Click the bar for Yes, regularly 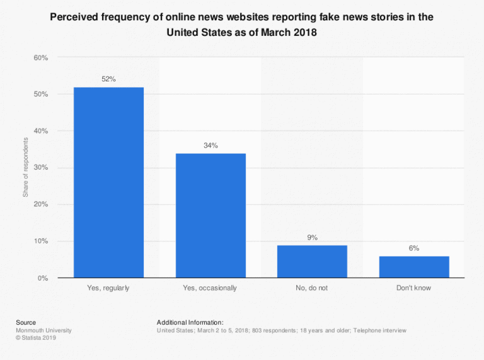click(x=108, y=182)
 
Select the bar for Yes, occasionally click(x=210, y=215)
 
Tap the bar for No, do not click(x=312, y=261)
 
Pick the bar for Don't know click(x=414, y=267)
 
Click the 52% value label click(x=108, y=79)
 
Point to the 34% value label click(x=210, y=145)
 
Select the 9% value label click(x=312, y=237)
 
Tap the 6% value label click(x=414, y=248)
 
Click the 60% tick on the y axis click(x=41, y=58)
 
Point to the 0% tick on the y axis click(x=43, y=278)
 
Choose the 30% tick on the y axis click(x=41, y=168)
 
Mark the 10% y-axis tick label click(x=41, y=241)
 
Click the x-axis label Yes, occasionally click(x=210, y=288)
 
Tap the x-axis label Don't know click(x=414, y=288)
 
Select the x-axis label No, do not click(x=312, y=288)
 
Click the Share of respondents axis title click(x=26, y=168)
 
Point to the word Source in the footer click(x=26, y=322)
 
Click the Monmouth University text click(x=43, y=330)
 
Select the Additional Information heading click(x=190, y=322)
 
